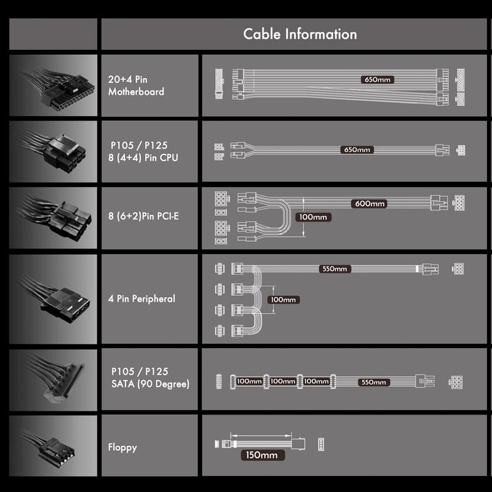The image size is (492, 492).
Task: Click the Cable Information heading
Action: pyautogui.click(x=300, y=34)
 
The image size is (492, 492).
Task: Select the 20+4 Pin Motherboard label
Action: pyautogui.click(x=136, y=85)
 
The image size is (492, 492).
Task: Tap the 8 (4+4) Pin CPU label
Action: pyautogui.click(x=143, y=157)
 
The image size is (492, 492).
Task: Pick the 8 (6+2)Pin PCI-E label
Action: pyautogui.click(x=143, y=216)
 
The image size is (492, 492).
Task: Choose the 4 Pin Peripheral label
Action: pyautogui.click(x=141, y=298)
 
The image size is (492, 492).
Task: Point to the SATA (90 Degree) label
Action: pyautogui.click(x=150, y=383)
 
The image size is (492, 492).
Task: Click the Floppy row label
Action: pyautogui.click(x=122, y=448)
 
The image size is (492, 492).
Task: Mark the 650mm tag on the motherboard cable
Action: pyautogui.click(x=377, y=79)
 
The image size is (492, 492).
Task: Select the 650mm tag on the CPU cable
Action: pyautogui.click(x=357, y=149)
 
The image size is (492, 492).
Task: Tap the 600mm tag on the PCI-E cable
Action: pyautogui.click(x=370, y=204)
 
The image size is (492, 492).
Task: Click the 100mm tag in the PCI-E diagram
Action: pyautogui.click(x=313, y=217)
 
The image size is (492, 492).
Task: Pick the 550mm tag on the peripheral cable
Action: pyautogui.click(x=335, y=269)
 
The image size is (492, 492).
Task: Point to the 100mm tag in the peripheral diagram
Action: pyautogui.click(x=284, y=300)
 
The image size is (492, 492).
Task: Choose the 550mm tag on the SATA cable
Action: pyautogui.click(x=374, y=382)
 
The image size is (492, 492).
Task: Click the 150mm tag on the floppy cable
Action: pyautogui.click(x=263, y=455)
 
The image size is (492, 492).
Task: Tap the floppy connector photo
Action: pyautogui.click(x=53, y=445)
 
